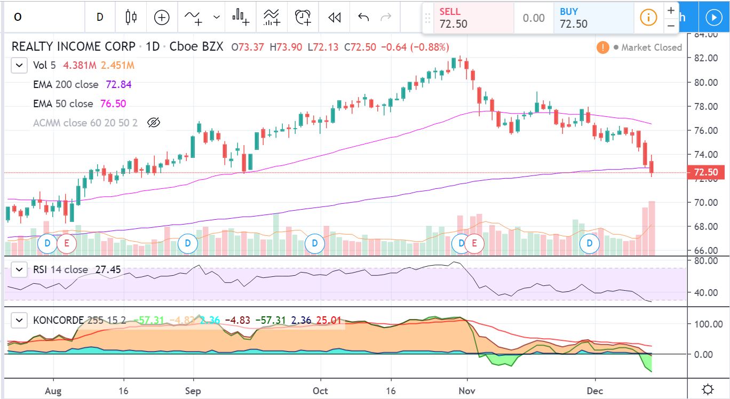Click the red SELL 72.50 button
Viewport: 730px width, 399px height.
click(x=474, y=18)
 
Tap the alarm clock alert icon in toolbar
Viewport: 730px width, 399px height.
click(x=303, y=17)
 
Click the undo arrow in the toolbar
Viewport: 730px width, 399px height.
click(x=363, y=17)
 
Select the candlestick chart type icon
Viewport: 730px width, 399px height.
click(x=131, y=17)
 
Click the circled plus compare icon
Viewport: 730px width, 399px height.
click(x=162, y=17)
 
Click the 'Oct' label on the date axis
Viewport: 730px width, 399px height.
click(x=320, y=391)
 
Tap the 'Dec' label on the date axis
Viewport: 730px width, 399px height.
click(x=595, y=391)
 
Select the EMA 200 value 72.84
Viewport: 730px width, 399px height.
click(x=119, y=84)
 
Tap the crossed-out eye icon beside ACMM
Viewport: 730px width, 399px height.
click(x=153, y=123)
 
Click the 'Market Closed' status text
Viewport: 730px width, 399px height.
click(x=651, y=47)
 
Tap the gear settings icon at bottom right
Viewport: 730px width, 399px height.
click(x=708, y=389)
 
